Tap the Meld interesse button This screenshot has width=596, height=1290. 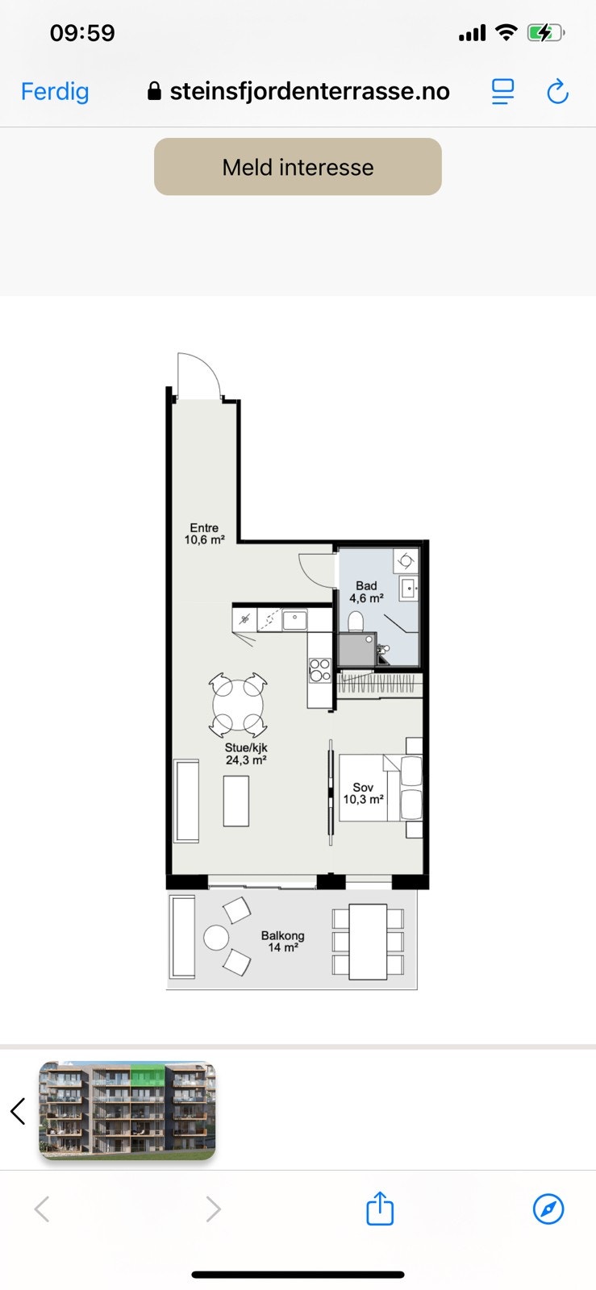pos(298,166)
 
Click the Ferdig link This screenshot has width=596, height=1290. pos(55,92)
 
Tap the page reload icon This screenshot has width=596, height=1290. pos(557,91)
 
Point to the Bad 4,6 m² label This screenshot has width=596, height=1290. pos(366,592)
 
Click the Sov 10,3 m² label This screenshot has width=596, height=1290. pos(364,793)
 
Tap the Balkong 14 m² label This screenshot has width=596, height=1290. pos(283,942)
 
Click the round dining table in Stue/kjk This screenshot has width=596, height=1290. pos(238,705)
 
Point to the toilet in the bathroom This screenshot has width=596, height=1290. pos(356,622)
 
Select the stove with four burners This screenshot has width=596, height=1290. pos(320,670)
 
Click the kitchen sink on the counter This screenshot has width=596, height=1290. pos(295,619)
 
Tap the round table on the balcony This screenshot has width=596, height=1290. pos(216,938)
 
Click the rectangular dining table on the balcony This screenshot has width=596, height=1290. pos(368,942)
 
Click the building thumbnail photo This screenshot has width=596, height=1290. pos(127,1110)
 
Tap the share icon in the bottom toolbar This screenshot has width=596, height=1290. pos(380,1208)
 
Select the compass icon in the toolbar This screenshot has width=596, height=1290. pos(548,1209)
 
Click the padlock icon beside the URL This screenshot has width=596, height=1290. pos(154,91)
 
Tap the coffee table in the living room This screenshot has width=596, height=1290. pos(236,801)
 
